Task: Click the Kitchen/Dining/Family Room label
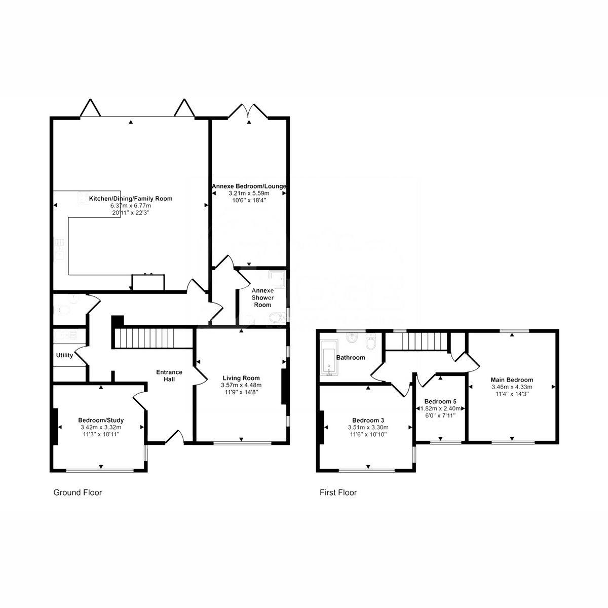[x=131, y=199]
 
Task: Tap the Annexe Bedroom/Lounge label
[x=249, y=186]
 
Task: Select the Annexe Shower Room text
[x=262, y=298]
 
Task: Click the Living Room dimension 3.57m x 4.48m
[x=241, y=385]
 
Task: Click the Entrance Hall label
[x=169, y=375]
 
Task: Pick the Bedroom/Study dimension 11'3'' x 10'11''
[x=101, y=434]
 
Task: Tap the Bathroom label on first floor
[x=351, y=357]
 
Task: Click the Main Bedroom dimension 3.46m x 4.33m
[x=512, y=387]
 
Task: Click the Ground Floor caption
[x=78, y=492]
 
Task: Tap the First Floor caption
[x=338, y=492]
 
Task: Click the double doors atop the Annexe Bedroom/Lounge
[x=249, y=111]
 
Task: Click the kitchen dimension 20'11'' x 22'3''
[x=131, y=213]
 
